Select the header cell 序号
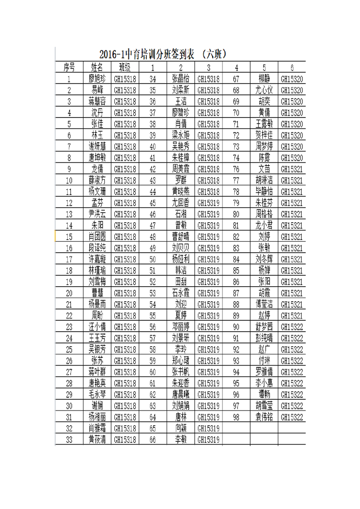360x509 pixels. click(69, 67)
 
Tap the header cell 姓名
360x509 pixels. click(97, 67)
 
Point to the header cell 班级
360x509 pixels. click(125, 67)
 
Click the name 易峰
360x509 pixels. click(97, 90)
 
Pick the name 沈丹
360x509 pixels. click(97, 113)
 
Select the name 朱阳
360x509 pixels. click(97, 225)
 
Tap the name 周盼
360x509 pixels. click(97, 315)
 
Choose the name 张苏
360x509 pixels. click(97, 361)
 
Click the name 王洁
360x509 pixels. click(181, 101)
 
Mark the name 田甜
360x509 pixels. click(181, 282)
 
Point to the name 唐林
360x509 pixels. click(181, 417)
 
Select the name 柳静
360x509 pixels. click(264, 78)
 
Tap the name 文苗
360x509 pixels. click(264, 169)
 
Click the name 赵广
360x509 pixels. click(264, 349)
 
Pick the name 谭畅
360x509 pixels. click(264, 394)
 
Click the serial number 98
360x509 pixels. click(236, 417)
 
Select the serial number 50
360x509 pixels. click(153, 259)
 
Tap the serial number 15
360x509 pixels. click(69, 236)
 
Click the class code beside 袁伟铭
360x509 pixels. click(292, 417)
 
